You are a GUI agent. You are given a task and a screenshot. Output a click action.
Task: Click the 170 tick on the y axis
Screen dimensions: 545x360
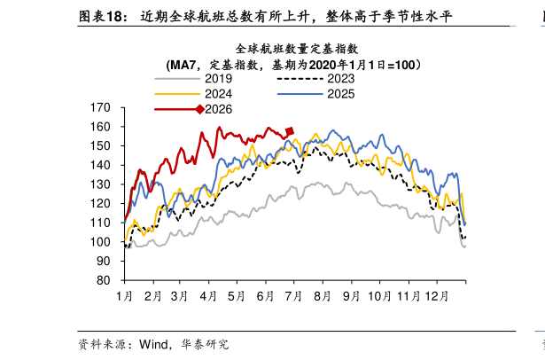(100, 108)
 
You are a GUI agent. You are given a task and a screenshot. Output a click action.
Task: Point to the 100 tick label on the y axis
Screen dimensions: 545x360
(100, 242)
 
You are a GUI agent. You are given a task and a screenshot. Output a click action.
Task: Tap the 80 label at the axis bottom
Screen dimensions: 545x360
(104, 280)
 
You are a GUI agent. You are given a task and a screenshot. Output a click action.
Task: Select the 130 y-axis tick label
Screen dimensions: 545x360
(100, 184)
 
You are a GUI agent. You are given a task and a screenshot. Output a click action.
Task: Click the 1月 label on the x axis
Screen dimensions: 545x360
(124, 296)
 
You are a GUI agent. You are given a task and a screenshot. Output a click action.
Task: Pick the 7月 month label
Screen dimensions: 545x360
(293, 296)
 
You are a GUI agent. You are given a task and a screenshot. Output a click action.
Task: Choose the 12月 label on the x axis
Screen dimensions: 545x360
(437, 296)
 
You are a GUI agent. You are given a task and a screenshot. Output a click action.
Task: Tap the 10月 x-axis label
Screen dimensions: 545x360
(379, 296)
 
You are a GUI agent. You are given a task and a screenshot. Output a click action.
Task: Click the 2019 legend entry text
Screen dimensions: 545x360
(218, 79)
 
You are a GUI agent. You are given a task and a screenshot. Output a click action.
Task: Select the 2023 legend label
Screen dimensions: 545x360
(341, 79)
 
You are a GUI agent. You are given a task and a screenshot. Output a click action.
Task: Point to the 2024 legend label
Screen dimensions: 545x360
(218, 94)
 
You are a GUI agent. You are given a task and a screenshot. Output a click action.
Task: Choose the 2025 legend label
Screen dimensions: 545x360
(341, 94)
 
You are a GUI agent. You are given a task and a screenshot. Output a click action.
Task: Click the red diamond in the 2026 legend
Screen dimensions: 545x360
(200, 110)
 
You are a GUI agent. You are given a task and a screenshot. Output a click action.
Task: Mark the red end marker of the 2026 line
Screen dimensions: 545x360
(290, 131)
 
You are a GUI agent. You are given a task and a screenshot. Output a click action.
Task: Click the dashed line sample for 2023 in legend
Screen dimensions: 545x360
(300, 79)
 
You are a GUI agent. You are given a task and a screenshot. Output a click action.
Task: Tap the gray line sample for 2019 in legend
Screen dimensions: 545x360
(177, 79)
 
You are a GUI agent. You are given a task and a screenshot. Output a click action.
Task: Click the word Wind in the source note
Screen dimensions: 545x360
(153, 344)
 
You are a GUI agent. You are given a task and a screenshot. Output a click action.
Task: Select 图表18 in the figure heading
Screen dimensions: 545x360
(103, 17)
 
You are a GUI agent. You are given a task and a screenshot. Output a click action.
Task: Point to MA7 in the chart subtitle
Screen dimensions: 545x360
(183, 65)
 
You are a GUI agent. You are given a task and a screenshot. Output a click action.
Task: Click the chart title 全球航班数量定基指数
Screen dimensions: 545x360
(297, 49)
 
